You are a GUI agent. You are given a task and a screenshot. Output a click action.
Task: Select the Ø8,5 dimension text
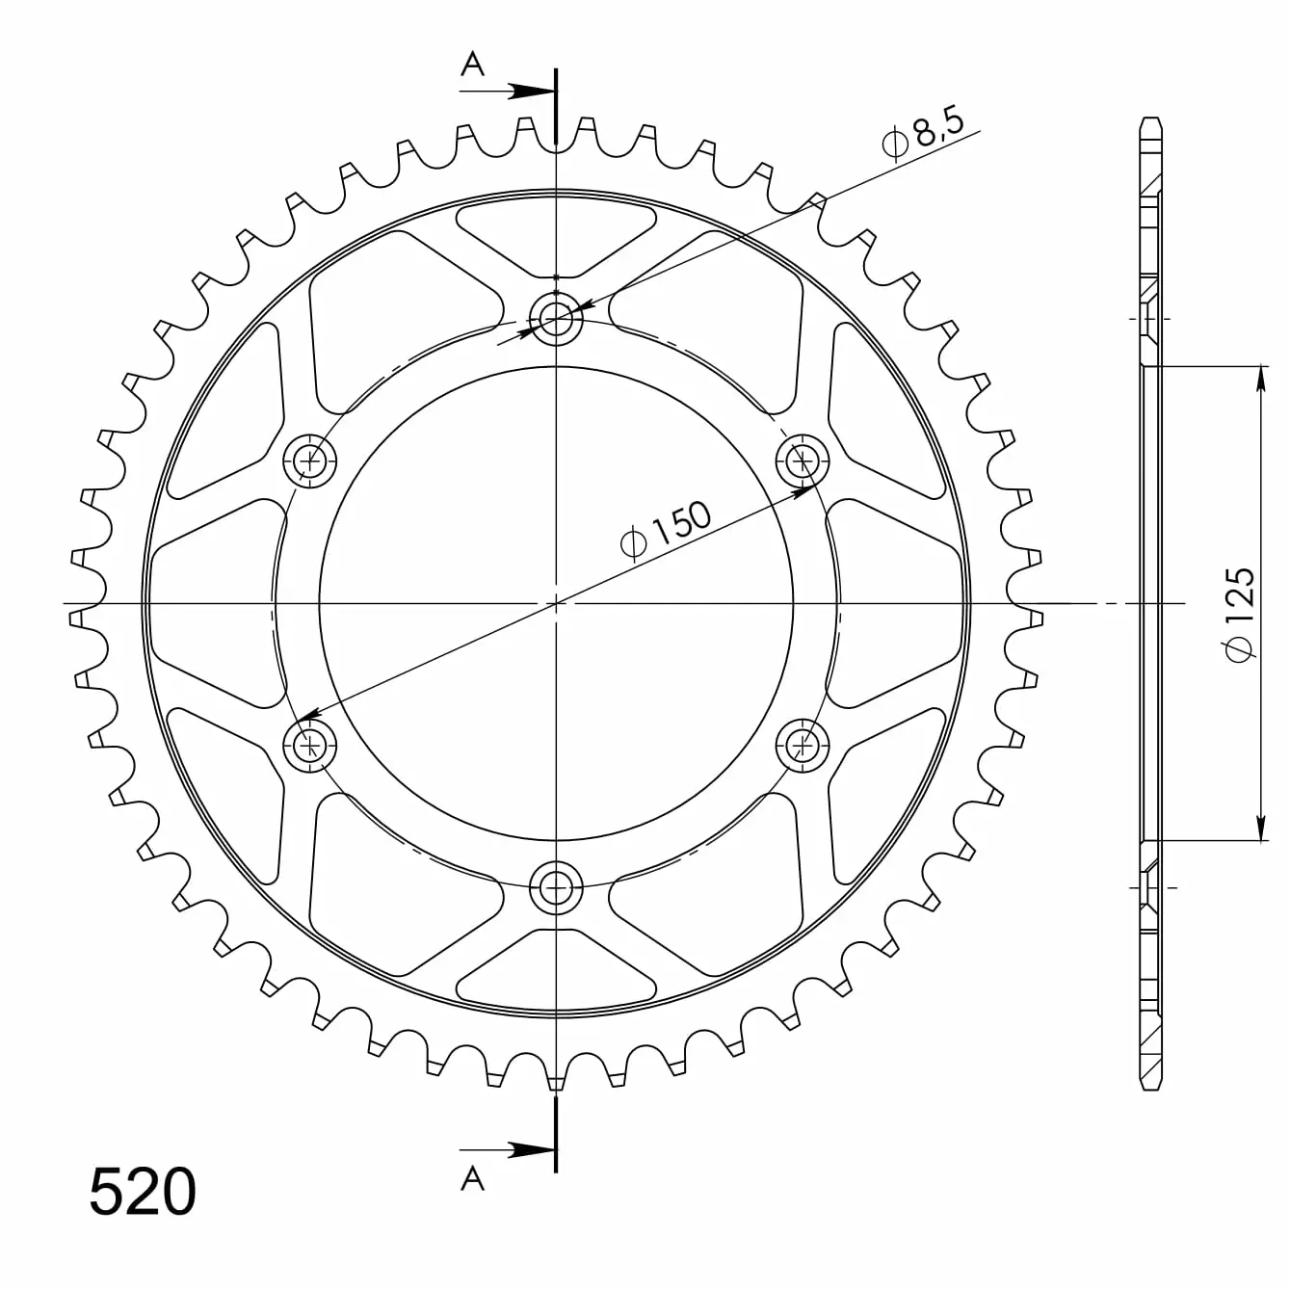click(923, 136)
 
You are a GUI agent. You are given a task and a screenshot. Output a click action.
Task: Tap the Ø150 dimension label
click(666, 528)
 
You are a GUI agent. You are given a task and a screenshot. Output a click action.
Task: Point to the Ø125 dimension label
click(1239, 616)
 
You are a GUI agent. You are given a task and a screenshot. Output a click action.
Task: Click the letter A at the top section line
click(472, 65)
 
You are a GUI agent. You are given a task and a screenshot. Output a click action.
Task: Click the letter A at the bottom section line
click(472, 1178)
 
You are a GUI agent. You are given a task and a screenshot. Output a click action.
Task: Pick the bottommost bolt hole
click(556, 887)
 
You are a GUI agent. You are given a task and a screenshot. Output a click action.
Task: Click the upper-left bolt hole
click(309, 461)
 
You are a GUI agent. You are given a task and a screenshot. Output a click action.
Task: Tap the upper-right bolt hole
click(802, 460)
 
